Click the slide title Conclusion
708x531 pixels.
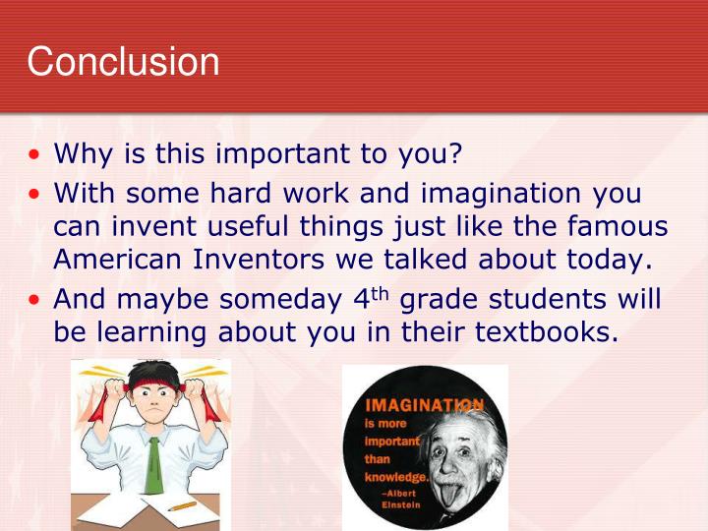(x=123, y=61)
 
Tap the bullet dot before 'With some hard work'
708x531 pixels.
(x=35, y=193)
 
